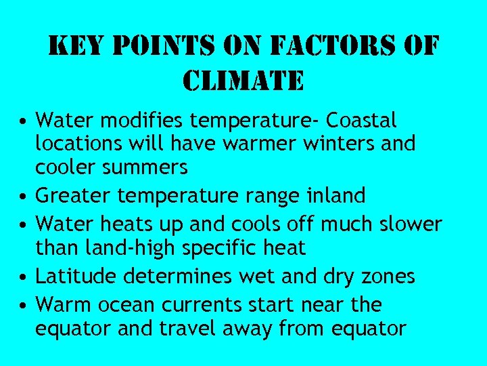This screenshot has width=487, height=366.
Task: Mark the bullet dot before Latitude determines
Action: [23, 277]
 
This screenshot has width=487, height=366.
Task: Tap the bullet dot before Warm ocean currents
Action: [23, 306]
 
